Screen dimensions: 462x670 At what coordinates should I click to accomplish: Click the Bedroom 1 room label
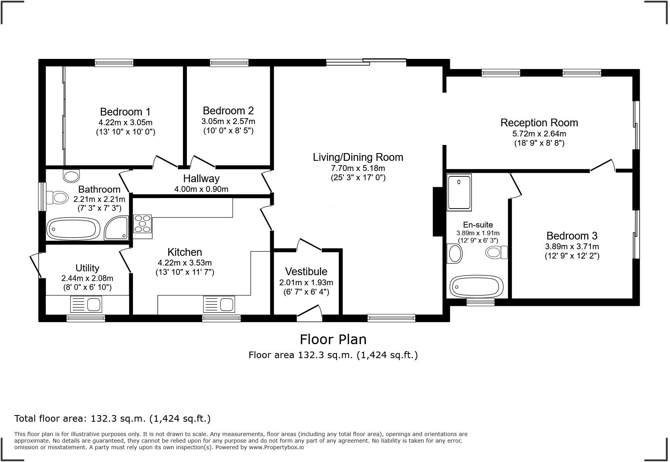125,112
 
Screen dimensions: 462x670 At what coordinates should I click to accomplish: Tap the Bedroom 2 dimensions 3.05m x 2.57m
228,121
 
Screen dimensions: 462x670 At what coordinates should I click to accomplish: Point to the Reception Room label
539,123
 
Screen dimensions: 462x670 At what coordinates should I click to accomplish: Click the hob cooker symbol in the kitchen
142,224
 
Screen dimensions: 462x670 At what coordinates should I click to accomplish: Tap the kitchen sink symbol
219,304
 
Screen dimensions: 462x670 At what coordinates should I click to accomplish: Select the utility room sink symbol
86,304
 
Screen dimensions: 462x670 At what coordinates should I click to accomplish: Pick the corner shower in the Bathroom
116,228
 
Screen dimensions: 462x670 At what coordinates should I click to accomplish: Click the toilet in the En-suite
496,253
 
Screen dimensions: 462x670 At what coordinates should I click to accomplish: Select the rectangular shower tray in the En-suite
459,192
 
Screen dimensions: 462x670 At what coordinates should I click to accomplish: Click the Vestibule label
306,272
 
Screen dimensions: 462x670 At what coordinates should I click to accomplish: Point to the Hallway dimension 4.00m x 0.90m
201,189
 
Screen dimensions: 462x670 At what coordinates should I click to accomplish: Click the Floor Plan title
333,340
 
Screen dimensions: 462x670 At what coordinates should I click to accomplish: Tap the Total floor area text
112,419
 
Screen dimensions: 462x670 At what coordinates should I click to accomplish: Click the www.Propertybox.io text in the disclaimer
276,447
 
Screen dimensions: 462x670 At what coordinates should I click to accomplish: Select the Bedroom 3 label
572,236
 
